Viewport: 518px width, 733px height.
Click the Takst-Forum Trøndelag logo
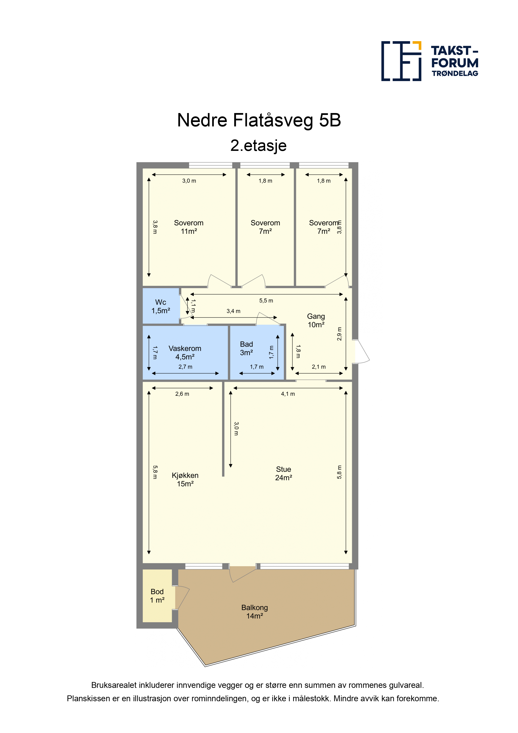pos(430,61)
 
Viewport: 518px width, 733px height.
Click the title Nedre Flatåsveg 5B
pos(259,120)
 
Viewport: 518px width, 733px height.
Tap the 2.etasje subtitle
pos(259,146)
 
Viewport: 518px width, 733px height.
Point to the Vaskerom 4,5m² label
pos(185,353)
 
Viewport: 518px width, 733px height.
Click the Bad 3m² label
pos(246,348)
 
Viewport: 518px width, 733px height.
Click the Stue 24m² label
pos(283,473)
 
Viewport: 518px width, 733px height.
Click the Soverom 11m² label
pos(189,227)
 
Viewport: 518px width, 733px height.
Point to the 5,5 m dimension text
pos(266,300)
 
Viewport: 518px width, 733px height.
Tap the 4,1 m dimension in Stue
pos(288,394)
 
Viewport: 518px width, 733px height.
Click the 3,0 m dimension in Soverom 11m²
pos(189,181)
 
